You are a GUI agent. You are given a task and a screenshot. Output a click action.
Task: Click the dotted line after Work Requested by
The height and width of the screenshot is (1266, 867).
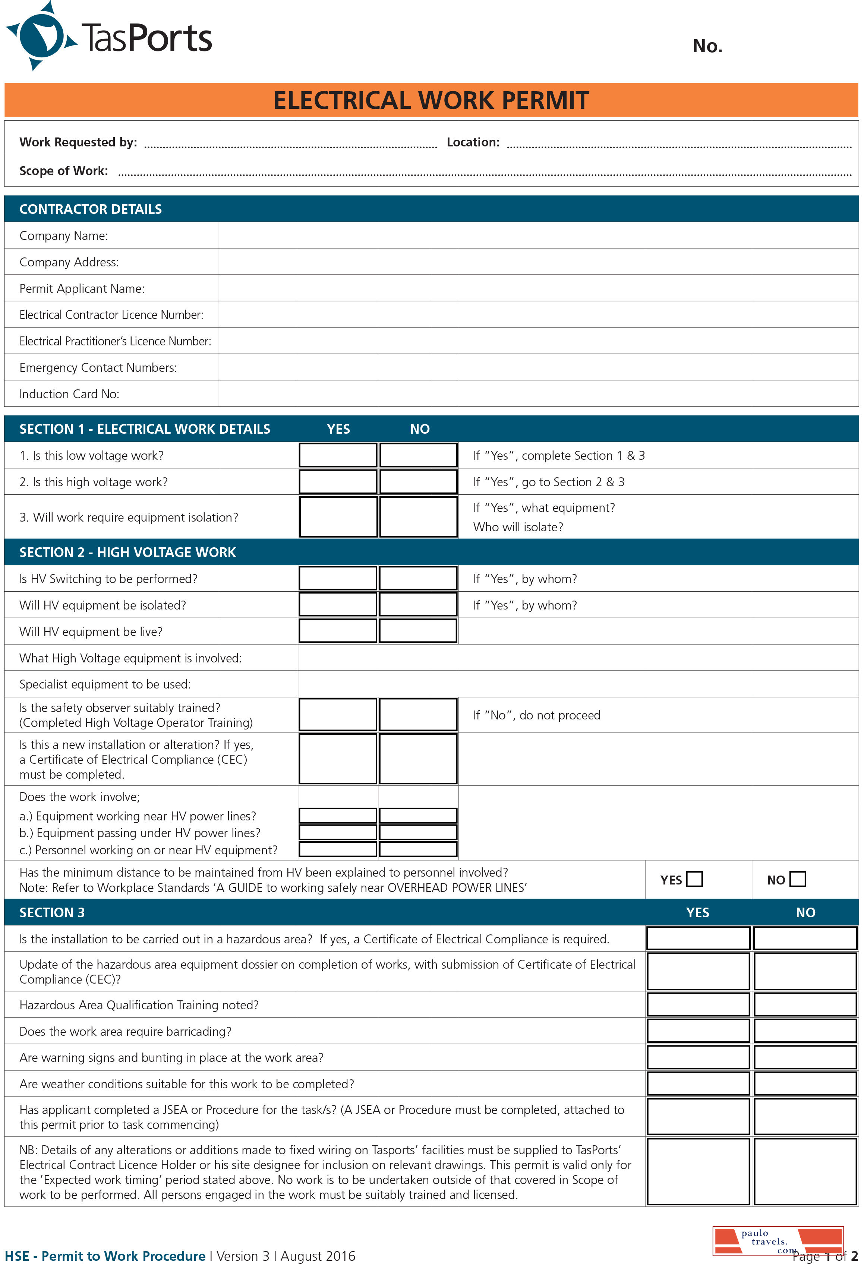tap(290, 145)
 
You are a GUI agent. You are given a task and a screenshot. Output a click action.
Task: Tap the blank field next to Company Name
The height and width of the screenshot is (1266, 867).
tap(537, 236)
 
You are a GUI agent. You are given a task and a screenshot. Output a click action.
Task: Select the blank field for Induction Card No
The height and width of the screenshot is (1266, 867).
tap(537, 394)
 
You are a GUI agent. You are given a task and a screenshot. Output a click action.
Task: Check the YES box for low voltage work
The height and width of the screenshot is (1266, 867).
tap(338, 455)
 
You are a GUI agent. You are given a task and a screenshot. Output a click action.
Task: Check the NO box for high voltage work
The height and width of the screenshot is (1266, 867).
tap(418, 482)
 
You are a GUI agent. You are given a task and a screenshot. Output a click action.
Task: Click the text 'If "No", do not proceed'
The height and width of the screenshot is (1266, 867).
tap(536, 715)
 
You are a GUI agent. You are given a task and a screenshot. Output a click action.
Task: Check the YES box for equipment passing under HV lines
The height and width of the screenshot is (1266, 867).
tap(338, 832)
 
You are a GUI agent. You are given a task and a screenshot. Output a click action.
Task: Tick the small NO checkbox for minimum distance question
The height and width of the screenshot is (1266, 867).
tap(797, 879)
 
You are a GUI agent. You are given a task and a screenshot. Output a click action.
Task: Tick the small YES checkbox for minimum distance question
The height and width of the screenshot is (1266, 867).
tap(694, 879)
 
